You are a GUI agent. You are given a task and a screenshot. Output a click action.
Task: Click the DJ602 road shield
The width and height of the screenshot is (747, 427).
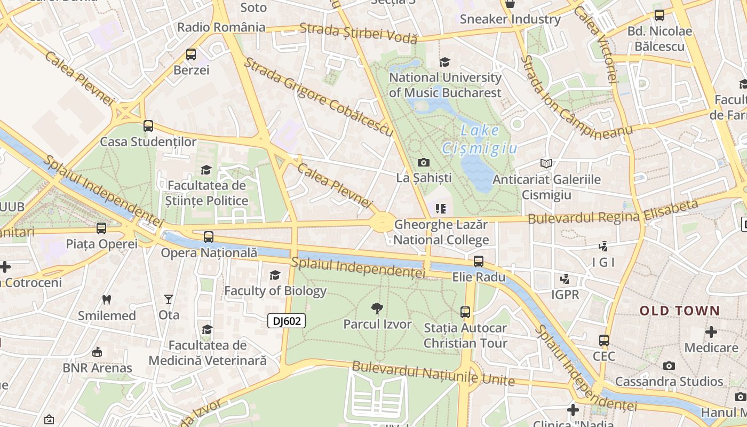(287, 321)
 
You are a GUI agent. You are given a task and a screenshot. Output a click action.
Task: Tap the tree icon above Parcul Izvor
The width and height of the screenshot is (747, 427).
(377, 308)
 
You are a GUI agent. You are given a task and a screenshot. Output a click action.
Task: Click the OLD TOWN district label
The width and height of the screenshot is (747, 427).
(680, 311)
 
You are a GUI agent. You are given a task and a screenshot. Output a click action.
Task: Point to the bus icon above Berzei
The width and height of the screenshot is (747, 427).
(191, 54)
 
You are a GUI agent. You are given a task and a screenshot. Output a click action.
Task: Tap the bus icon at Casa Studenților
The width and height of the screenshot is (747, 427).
(148, 126)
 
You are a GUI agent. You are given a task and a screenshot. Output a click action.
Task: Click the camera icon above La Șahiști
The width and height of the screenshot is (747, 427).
(424, 162)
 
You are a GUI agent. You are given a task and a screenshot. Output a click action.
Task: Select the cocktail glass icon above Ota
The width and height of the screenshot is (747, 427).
(169, 299)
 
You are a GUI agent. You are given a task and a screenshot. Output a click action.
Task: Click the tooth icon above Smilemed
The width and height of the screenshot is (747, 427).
(107, 299)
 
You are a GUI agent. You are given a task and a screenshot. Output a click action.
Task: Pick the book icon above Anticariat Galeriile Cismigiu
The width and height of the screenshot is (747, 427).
(546, 163)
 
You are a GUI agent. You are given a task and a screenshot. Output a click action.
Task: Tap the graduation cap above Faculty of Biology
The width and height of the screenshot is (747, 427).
(275, 275)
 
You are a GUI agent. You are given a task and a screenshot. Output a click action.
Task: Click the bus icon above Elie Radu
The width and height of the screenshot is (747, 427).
(479, 261)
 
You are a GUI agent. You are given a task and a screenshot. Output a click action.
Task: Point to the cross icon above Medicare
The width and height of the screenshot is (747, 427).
(711, 332)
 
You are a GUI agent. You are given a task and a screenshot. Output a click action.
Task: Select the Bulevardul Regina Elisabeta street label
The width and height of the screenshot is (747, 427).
(613, 212)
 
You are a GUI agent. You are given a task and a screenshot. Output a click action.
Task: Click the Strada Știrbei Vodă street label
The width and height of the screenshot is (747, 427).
(358, 33)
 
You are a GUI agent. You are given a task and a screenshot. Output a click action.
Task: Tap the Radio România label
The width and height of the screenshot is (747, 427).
(221, 27)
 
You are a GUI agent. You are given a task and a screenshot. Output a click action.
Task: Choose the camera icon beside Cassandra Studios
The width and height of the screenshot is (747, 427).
(669, 366)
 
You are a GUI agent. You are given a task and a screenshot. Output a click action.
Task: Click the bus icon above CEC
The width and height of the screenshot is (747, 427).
(604, 340)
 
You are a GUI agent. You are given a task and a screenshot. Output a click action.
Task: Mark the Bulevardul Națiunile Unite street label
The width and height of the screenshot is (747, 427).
(433, 374)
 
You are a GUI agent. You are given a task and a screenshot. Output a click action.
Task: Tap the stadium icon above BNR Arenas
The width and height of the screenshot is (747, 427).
(97, 352)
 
